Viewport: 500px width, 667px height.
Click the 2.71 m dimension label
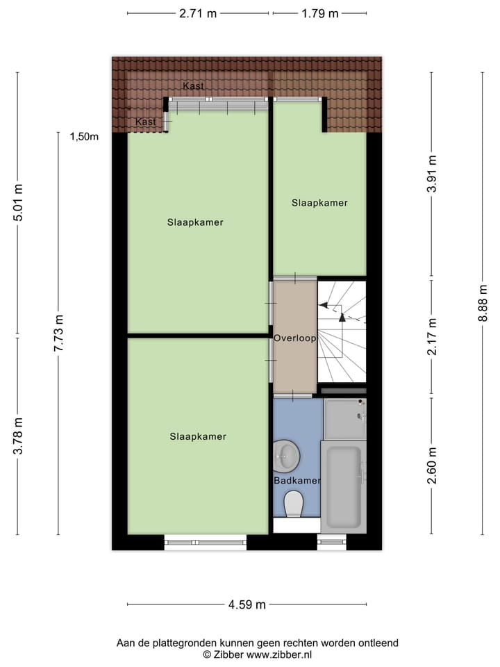tap(198, 13)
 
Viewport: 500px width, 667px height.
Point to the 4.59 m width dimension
tap(247, 604)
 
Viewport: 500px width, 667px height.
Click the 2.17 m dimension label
tap(432, 337)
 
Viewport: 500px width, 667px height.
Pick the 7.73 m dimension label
tap(58, 333)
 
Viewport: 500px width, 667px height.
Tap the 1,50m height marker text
tap(84, 137)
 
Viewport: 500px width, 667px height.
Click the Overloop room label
tap(294, 339)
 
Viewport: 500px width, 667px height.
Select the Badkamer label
tap(297, 481)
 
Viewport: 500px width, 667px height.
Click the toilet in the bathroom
tap(294, 504)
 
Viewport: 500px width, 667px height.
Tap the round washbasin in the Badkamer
tap(286, 456)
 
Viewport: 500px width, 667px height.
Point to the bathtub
tap(343, 487)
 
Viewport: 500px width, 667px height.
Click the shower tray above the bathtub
tap(344, 418)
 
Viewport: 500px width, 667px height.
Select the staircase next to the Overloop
tap(342, 330)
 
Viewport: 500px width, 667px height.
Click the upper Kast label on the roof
tap(193, 86)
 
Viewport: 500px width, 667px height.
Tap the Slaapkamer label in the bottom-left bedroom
tap(198, 437)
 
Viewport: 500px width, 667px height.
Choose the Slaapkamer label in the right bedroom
tap(319, 203)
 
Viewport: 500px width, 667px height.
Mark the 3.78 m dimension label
tap(19, 436)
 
